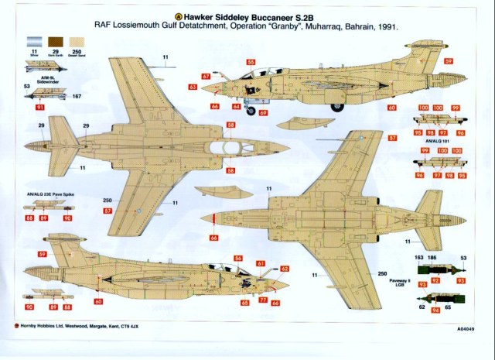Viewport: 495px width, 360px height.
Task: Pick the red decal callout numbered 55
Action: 251,61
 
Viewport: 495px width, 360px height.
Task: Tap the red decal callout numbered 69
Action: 264,113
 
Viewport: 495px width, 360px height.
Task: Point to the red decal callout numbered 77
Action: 264,300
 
